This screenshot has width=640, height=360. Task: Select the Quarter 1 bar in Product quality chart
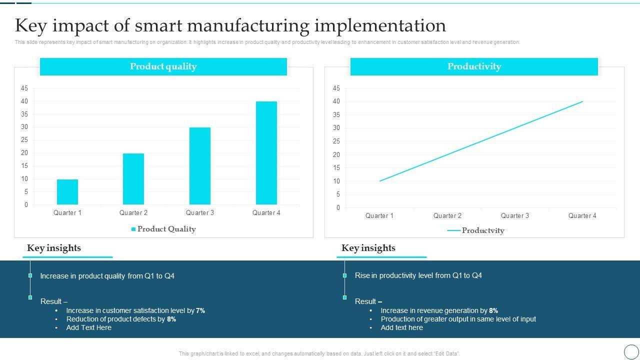(x=67, y=192)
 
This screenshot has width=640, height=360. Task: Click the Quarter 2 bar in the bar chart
(x=133, y=179)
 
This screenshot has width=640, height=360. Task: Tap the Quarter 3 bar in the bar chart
(x=200, y=166)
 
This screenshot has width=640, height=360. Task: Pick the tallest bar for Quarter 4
(x=266, y=153)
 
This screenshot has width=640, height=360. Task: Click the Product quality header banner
(x=163, y=66)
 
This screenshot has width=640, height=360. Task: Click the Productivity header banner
(x=474, y=66)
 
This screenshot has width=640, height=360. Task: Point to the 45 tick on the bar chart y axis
(x=24, y=88)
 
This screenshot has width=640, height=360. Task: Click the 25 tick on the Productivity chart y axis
(x=336, y=141)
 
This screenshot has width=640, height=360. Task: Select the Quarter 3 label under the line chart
(x=515, y=216)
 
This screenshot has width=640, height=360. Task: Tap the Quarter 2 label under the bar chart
(x=133, y=213)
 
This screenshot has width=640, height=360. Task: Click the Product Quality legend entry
(x=163, y=229)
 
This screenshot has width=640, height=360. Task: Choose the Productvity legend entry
(x=476, y=230)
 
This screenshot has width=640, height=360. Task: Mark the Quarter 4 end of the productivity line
(x=582, y=101)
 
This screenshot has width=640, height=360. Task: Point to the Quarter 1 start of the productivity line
(x=380, y=181)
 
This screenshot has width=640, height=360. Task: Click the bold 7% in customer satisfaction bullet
(x=200, y=310)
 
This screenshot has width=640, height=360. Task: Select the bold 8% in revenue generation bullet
(x=493, y=310)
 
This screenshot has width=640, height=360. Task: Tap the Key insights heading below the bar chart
(x=54, y=248)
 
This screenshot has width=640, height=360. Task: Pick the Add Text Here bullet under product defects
(x=89, y=327)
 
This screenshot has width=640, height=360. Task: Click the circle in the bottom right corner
(x=631, y=351)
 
